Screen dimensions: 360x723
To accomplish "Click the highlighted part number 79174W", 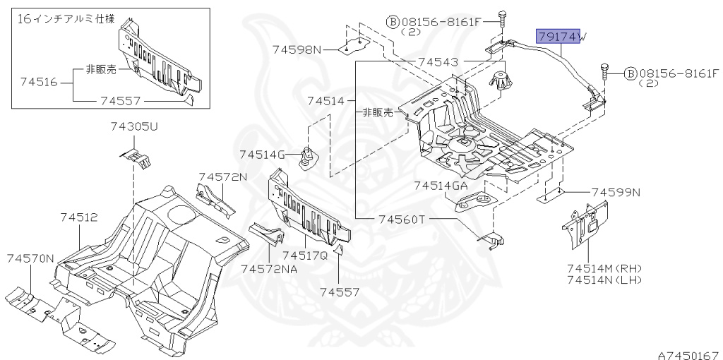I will click(x=557, y=37).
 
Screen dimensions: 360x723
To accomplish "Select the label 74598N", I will click(x=297, y=49).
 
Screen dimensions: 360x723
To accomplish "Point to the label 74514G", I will click(x=261, y=154).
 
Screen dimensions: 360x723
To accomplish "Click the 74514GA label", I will click(x=441, y=186).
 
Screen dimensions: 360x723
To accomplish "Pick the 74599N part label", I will click(x=616, y=191).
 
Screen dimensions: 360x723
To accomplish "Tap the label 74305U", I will click(x=134, y=127).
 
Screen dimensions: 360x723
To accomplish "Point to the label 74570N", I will click(x=30, y=259).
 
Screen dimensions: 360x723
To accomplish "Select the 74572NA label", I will click(x=268, y=269).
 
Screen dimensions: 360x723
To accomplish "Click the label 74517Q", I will click(x=305, y=255).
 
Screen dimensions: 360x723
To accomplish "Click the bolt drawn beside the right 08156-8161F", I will click(x=606, y=73).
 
